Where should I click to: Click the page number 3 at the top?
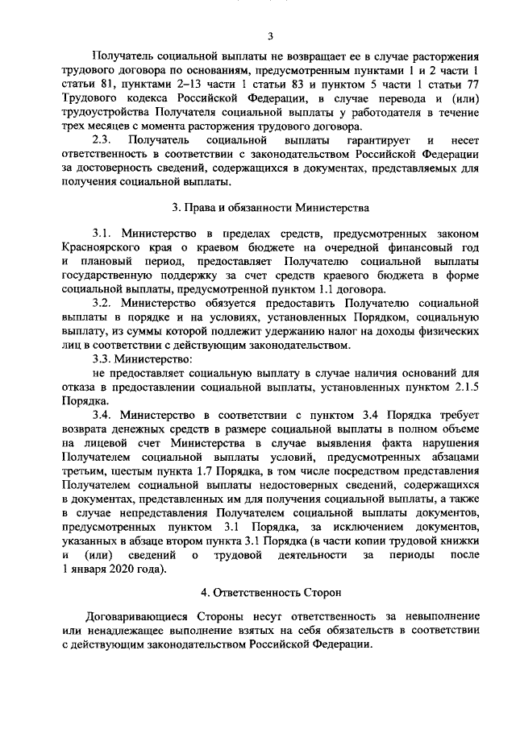(x=271, y=35)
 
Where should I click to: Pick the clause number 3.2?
(x=105, y=302)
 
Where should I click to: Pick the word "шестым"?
(x=131, y=471)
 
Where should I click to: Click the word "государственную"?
(x=109, y=275)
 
